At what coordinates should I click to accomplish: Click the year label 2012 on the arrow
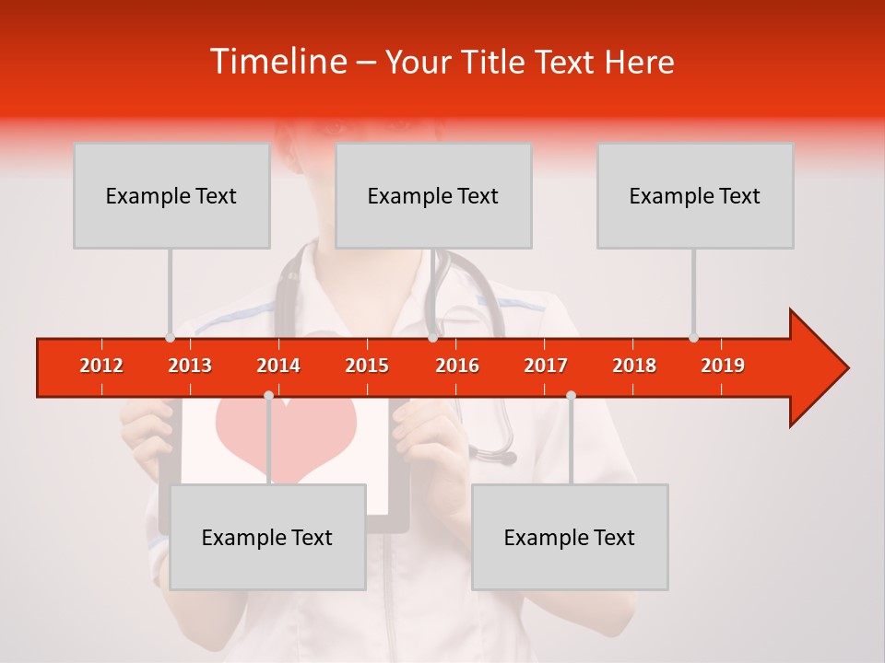[x=101, y=366]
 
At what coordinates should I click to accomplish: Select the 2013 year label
[x=190, y=366]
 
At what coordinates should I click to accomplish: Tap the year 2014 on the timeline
[x=278, y=366]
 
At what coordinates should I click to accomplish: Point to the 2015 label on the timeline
[x=367, y=366]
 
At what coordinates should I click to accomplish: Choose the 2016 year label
[x=457, y=366]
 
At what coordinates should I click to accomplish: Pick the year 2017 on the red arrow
[x=546, y=366]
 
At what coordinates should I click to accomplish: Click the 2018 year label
[x=634, y=366]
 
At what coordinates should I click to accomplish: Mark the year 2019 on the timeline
[x=723, y=366]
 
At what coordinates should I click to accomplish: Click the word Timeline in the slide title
[x=277, y=62]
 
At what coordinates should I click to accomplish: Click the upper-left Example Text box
[x=171, y=195]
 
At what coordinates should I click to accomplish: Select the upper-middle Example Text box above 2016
[x=433, y=195]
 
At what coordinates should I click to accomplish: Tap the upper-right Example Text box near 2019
[x=695, y=195]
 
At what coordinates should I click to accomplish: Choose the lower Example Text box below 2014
[x=267, y=537]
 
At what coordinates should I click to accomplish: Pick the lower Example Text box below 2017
[x=570, y=537]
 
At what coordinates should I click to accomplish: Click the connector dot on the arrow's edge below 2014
[x=268, y=396]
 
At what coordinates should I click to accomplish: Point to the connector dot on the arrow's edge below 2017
[x=571, y=396]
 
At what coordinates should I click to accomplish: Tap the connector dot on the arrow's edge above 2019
[x=693, y=338]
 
